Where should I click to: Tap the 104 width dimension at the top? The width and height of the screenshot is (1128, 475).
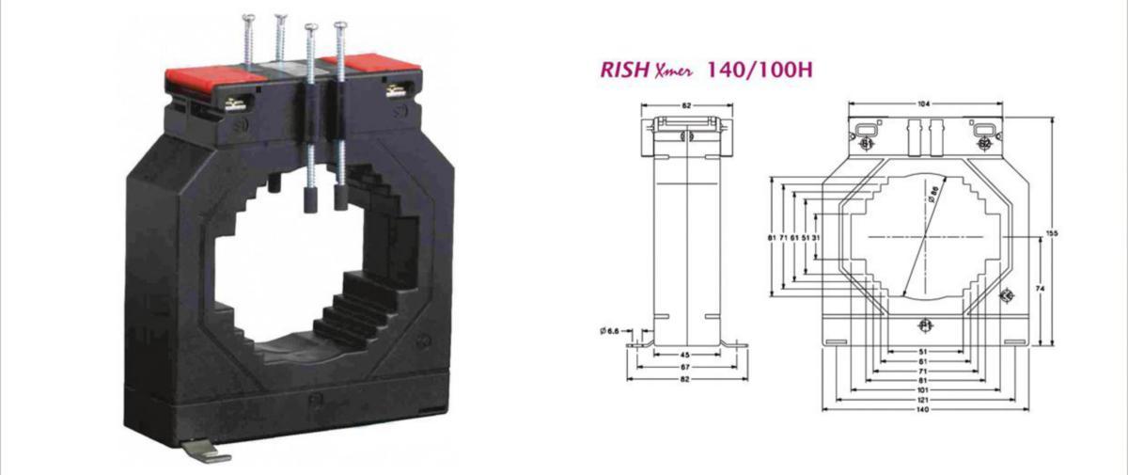924,104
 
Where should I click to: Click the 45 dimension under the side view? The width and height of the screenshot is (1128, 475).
687,355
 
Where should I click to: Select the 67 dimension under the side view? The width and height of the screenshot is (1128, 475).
687,366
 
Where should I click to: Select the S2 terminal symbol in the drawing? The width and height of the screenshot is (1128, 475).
983,144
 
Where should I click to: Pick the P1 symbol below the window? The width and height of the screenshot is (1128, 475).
924,325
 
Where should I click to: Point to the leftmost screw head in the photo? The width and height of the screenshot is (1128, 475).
249,17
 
